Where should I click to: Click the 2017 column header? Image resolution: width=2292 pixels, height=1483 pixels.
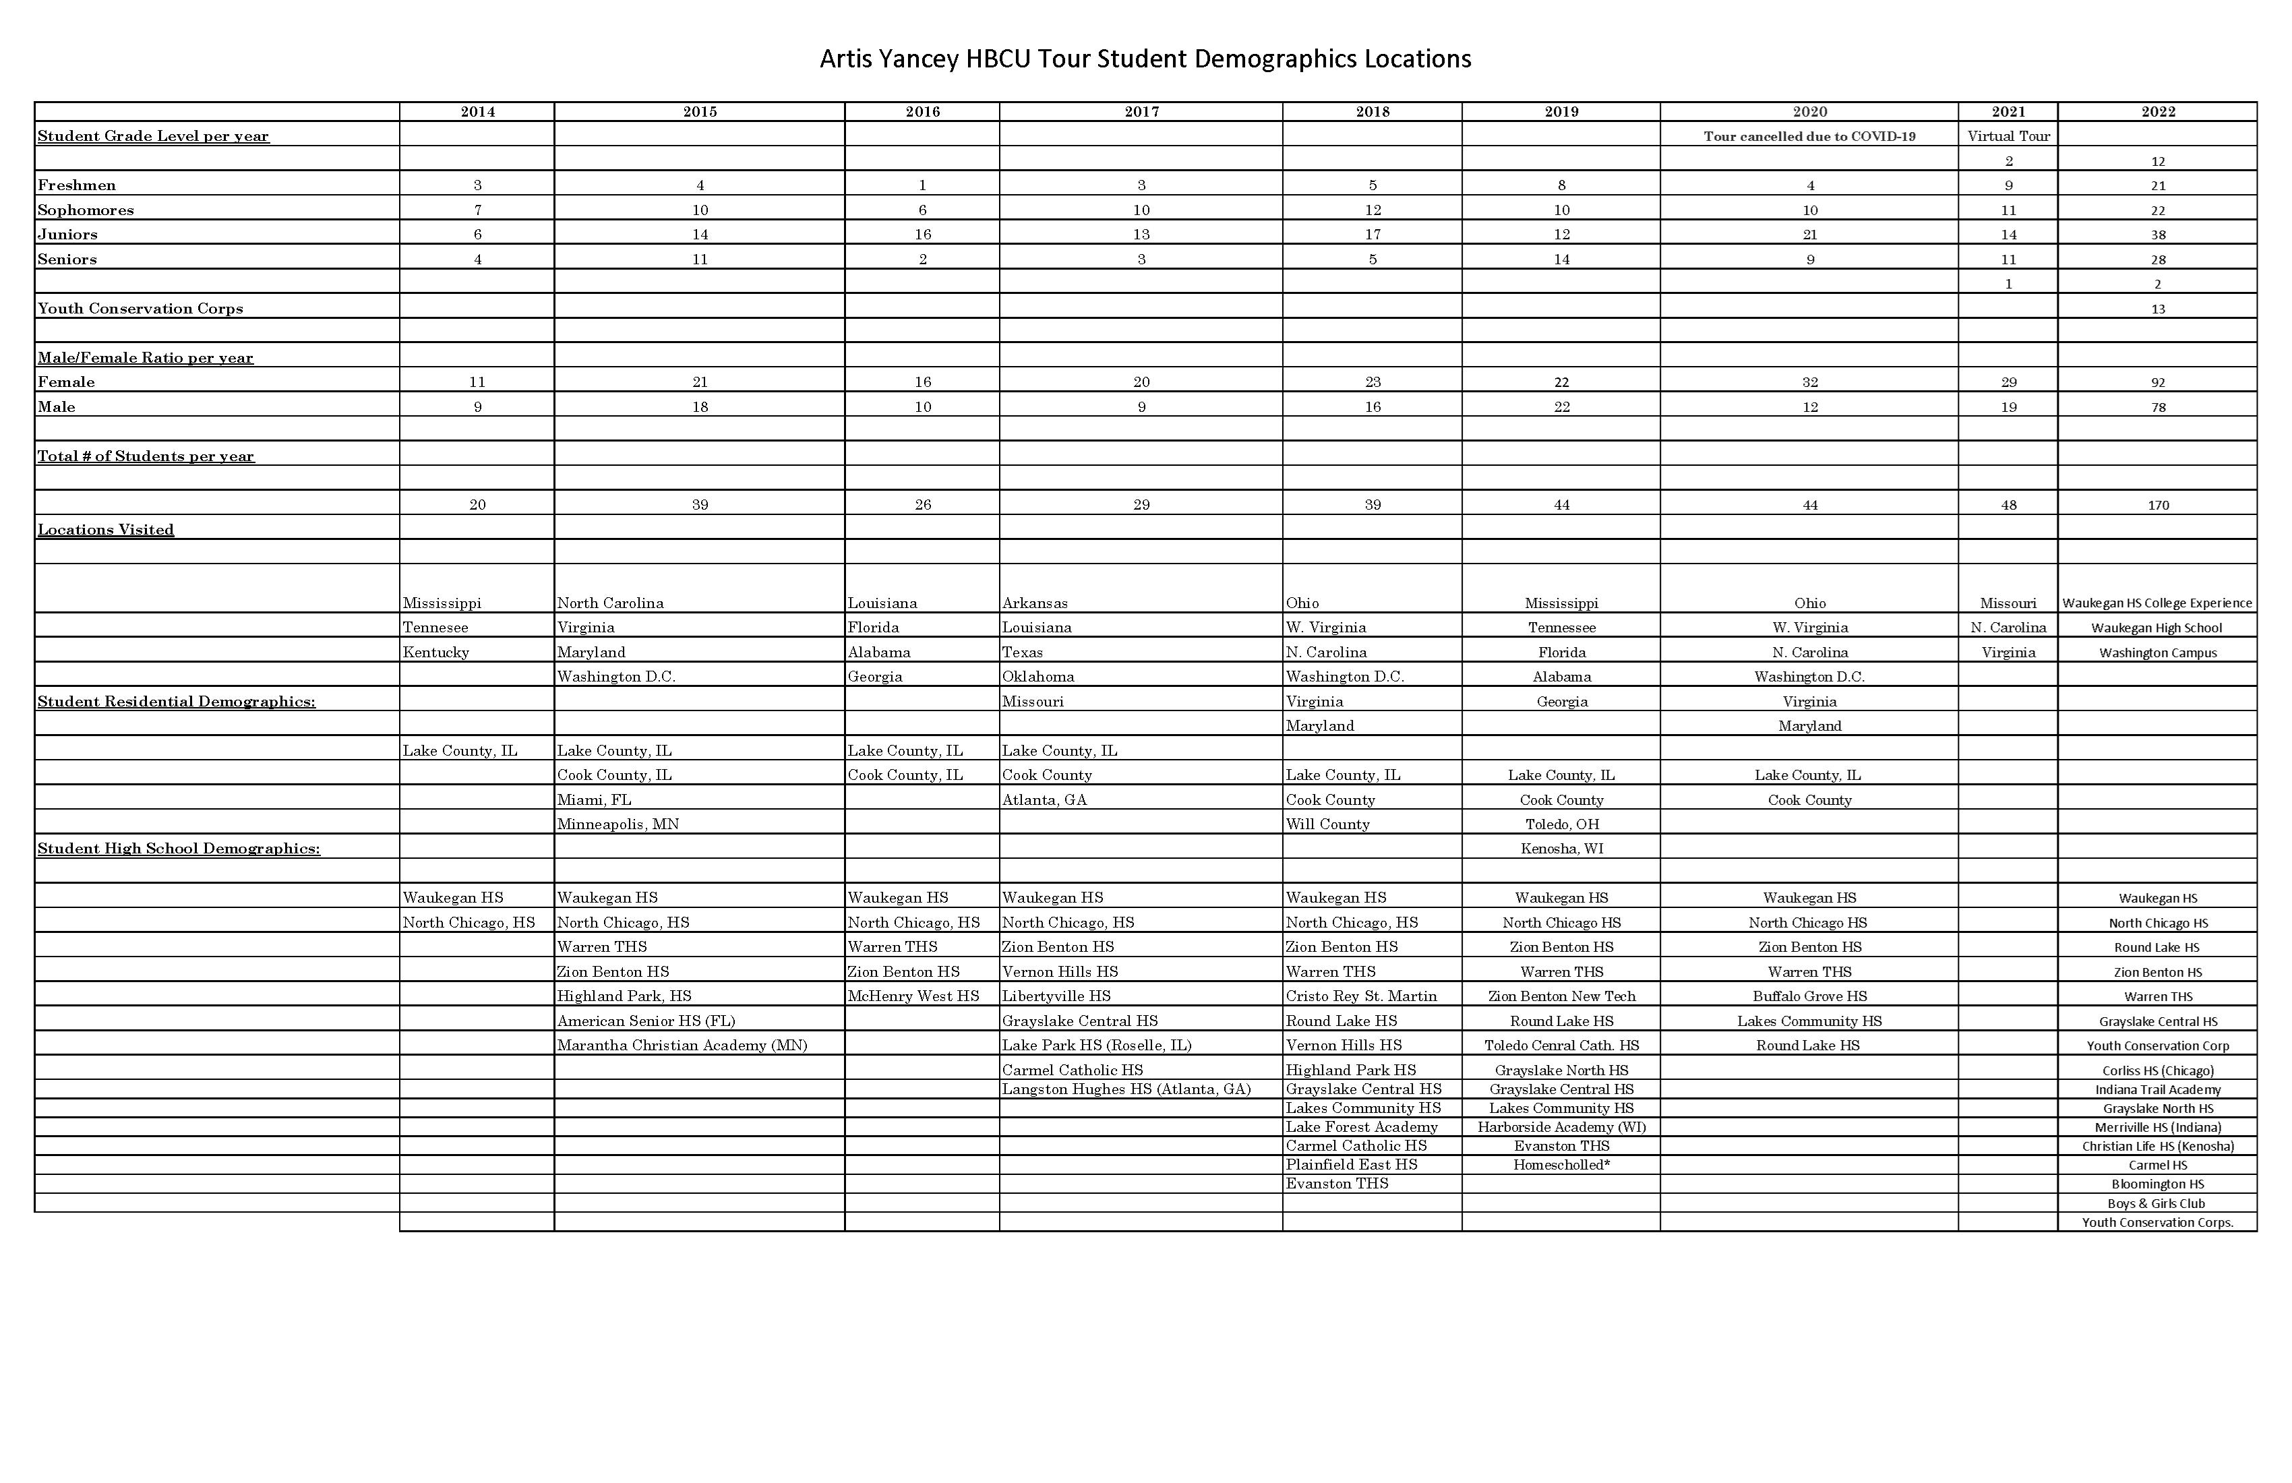coord(1141,112)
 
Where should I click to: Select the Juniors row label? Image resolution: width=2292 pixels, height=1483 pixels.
coord(67,234)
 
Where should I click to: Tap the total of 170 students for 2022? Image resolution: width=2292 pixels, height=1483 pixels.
coord(2157,506)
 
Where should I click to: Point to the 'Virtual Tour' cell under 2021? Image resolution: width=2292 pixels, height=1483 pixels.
coord(2008,135)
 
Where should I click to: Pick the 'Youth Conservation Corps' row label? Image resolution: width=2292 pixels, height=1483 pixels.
coord(141,308)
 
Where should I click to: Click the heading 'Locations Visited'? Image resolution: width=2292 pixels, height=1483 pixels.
coord(106,530)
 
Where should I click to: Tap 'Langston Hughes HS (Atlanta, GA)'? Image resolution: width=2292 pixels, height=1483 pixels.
coord(1126,1089)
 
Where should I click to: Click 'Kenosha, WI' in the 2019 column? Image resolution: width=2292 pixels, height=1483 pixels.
coord(1561,849)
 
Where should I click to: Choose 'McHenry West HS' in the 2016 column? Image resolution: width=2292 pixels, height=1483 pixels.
coord(913,996)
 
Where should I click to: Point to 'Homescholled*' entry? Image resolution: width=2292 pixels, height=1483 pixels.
coord(1561,1164)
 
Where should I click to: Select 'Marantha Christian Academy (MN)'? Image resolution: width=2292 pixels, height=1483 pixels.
coord(682,1045)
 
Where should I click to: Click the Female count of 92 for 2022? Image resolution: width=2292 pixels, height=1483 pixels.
coord(2157,382)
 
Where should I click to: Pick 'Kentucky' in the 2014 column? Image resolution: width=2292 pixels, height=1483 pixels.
coord(435,652)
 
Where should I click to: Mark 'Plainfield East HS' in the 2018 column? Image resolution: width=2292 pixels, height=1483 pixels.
coord(1351,1164)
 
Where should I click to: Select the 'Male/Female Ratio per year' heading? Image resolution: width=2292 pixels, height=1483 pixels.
coord(146,357)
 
